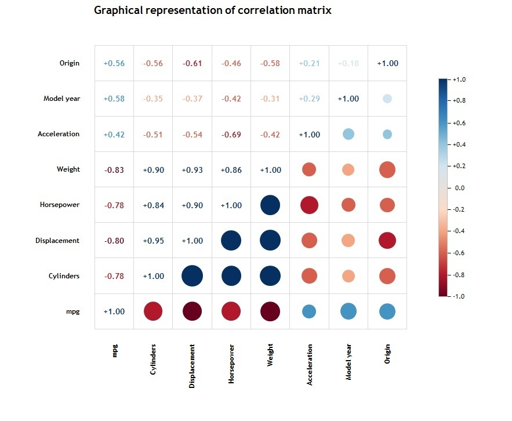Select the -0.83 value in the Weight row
pyautogui.click(x=114, y=170)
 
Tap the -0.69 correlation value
pyautogui.click(x=231, y=135)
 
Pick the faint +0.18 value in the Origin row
pyautogui.click(x=348, y=64)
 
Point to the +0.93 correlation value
pyautogui.click(x=193, y=170)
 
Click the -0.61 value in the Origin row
pyautogui.click(x=193, y=64)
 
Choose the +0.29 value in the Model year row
pyautogui.click(x=309, y=99)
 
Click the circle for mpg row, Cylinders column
pyautogui.click(x=153, y=311)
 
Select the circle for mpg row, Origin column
pyautogui.click(x=387, y=311)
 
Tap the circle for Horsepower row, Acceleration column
pyautogui.click(x=309, y=205)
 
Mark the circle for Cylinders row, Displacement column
pyautogui.click(x=193, y=276)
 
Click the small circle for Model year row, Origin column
pyautogui.click(x=387, y=99)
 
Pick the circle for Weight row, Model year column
pyautogui.click(x=348, y=170)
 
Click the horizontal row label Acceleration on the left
pyautogui.click(x=59, y=134)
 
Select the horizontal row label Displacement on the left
pyautogui.click(x=57, y=241)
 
